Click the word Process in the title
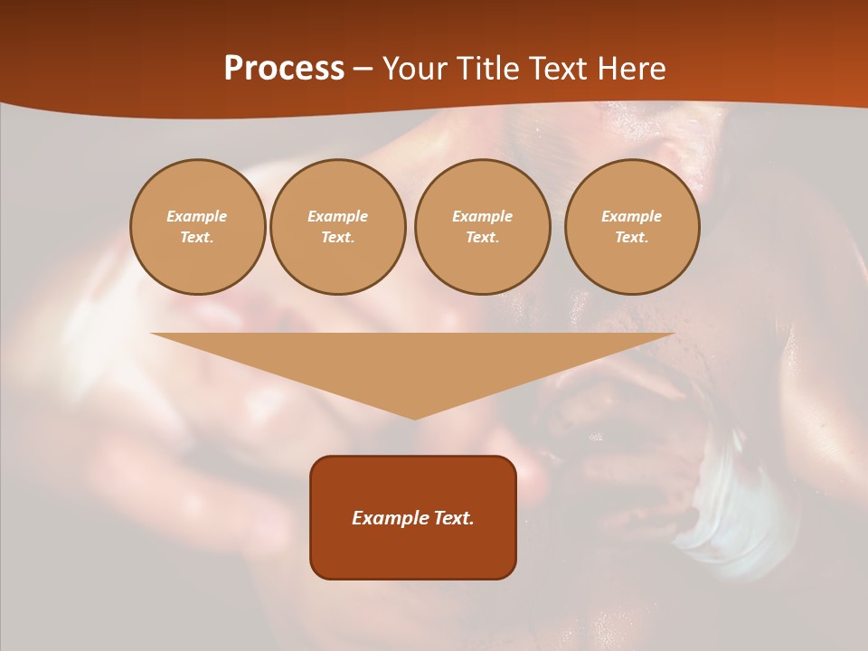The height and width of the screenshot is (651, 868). pos(284,69)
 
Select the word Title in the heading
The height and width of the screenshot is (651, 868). pos(491,69)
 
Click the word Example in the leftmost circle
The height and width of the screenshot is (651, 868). pos(197,216)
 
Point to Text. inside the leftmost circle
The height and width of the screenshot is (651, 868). pos(197,237)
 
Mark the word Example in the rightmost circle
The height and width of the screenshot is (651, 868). pos(631,216)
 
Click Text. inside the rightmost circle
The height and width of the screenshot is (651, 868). pos(631,237)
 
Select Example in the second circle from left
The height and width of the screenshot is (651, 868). pos(337,216)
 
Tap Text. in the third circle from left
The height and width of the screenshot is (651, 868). pos(482,237)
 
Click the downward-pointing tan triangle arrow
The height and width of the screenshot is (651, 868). pos(413,366)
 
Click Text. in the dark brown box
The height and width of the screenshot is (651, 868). pos(449,518)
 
